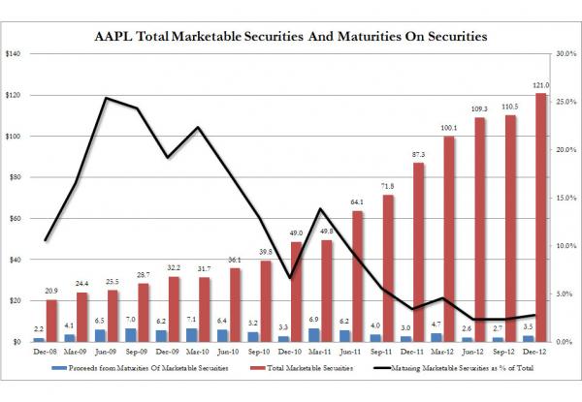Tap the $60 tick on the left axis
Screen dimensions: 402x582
click(x=15, y=219)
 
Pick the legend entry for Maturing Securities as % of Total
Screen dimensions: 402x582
click(x=453, y=370)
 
